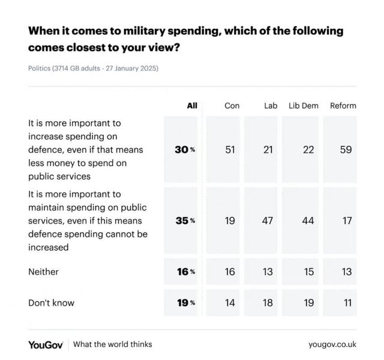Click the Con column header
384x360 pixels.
click(x=232, y=106)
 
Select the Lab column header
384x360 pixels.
click(x=271, y=106)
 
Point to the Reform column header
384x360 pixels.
click(x=343, y=106)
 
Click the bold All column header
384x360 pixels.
click(x=192, y=106)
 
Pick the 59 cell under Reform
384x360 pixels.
click(x=346, y=149)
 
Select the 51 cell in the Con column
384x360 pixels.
click(x=230, y=149)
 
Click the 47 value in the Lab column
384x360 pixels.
click(x=268, y=221)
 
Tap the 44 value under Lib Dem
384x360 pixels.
click(x=308, y=221)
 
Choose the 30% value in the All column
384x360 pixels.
click(x=185, y=149)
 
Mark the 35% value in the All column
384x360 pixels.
click(x=185, y=221)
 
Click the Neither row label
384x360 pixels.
click(x=43, y=272)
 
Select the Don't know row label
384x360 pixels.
click(x=51, y=303)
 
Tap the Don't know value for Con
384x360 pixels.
click(x=230, y=303)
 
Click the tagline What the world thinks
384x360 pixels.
click(x=113, y=344)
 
